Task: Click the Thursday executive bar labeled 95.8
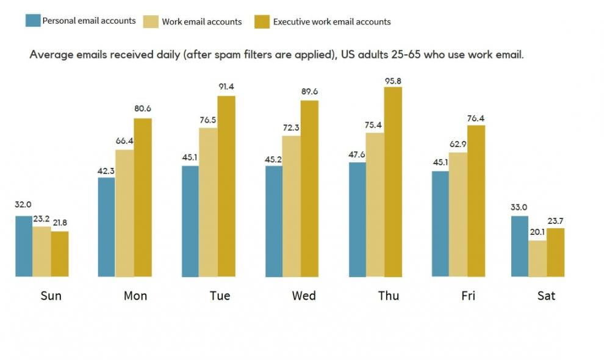[393, 181]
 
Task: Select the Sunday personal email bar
[24, 246]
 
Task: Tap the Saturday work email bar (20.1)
[537, 258]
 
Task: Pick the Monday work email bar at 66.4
[124, 213]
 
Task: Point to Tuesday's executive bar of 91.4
[226, 186]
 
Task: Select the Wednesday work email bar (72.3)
[292, 206]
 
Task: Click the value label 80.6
[142, 109]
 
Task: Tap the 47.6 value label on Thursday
[356, 153]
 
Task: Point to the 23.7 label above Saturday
[556, 220]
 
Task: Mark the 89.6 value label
[309, 92]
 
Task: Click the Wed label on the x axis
[304, 296]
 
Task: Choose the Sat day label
[546, 296]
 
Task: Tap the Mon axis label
[135, 296]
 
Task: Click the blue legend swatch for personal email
[33, 20]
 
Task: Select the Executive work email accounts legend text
[332, 21]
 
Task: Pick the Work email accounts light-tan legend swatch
[150, 21]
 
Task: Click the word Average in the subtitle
[51, 54]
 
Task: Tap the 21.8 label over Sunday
[59, 223]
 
